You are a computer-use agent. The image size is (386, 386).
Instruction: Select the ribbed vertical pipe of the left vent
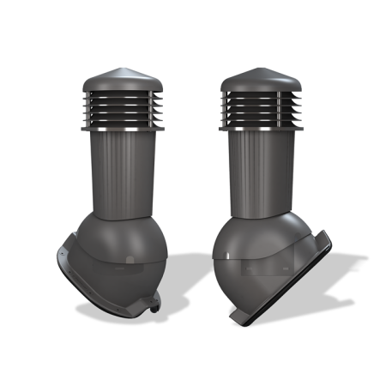(125, 172)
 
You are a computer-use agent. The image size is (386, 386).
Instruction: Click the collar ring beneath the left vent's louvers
(124, 129)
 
